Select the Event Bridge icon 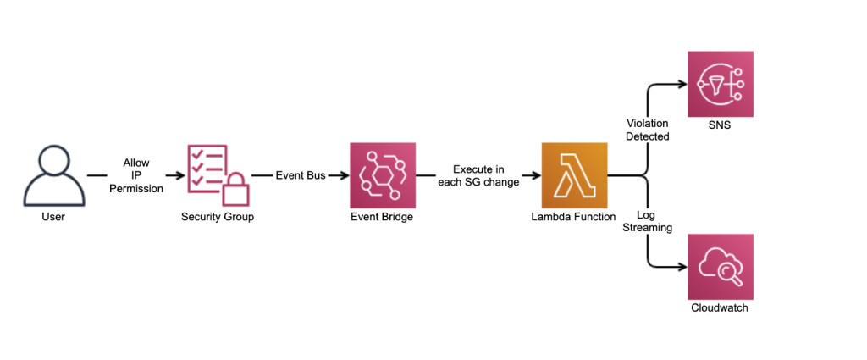click(x=383, y=175)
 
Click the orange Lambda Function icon click(x=575, y=175)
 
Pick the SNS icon click(x=720, y=84)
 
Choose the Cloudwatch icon click(x=720, y=266)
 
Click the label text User click(x=53, y=217)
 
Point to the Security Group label click(x=218, y=217)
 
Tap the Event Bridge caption click(x=382, y=217)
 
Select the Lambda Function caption click(x=575, y=217)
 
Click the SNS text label click(x=720, y=126)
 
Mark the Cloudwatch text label click(x=720, y=307)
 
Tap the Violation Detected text click(x=648, y=130)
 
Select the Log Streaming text click(x=648, y=220)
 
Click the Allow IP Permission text click(x=135, y=175)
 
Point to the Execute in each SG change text click(x=479, y=175)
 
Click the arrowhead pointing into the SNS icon click(x=682, y=84)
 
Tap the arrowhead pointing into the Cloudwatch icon click(x=682, y=267)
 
